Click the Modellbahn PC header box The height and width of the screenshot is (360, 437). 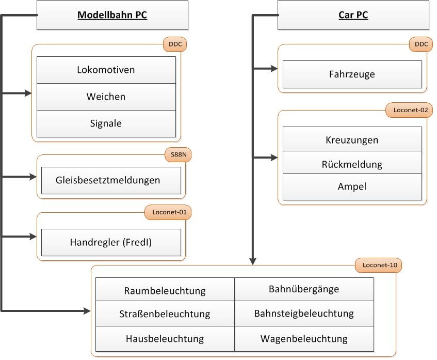click(x=112, y=15)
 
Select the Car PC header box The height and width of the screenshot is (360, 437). click(x=353, y=15)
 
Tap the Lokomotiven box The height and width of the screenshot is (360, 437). click(x=106, y=70)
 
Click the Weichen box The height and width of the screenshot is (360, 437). click(x=106, y=97)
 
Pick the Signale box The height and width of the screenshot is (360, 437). click(x=106, y=123)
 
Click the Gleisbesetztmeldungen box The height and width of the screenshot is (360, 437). click(x=110, y=180)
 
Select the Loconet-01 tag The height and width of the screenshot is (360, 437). click(x=168, y=212)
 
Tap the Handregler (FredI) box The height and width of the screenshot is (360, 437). click(x=110, y=242)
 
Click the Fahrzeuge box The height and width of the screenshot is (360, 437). click(x=352, y=74)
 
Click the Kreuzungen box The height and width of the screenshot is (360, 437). click(x=352, y=140)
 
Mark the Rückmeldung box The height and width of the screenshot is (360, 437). click(x=352, y=164)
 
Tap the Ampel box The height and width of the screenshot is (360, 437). click(x=352, y=187)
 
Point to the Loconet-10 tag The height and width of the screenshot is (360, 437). click(x=379, y=265)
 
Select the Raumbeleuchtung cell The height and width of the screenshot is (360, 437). click(x=165, y=290)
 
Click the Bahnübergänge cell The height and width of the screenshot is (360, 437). click(x=304, y=289)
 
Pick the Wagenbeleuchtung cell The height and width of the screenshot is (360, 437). click(x=304, y=339)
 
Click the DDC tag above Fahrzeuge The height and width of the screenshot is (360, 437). click(x=421, y=44)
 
